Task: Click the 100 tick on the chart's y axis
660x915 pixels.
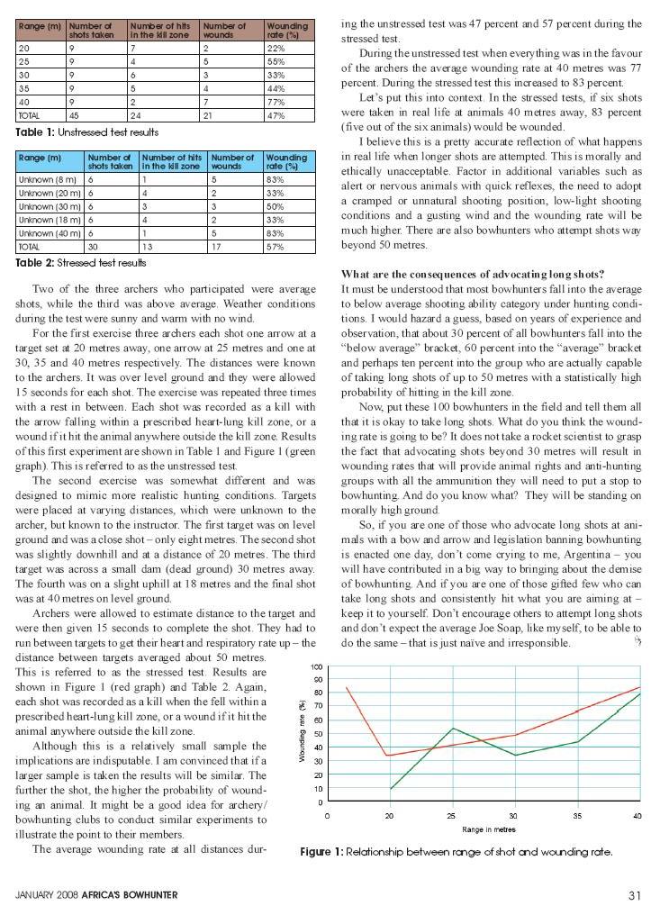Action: [x=317, y=666]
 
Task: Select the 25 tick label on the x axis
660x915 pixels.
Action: [x=452, y=815]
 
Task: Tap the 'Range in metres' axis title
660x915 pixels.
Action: [x=488, y=829]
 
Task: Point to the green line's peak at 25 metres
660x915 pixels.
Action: [x=452, y=729]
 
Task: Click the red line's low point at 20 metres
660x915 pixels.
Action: [x=388, y=756]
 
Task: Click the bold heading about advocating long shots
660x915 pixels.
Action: [x=472, y=274]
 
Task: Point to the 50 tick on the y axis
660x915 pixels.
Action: [x=318, y=734]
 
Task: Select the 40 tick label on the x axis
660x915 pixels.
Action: [x=637, y=815]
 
